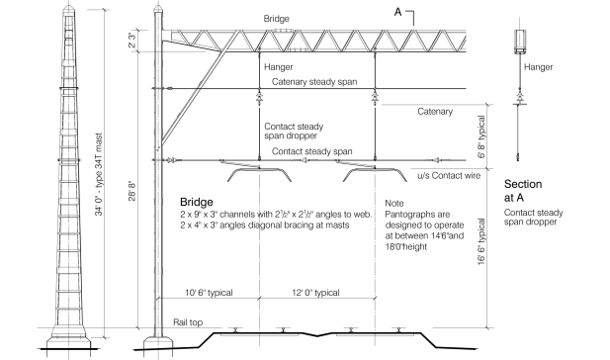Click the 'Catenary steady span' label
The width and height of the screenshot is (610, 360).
tap(314, 82)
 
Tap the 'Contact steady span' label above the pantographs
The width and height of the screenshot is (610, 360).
tap(312, 151)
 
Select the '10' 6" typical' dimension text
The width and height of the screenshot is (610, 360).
tap(209, 293)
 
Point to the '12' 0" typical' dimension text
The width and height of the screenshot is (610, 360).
tap(315, 293)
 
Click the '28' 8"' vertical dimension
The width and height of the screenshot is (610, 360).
tap(132, 191)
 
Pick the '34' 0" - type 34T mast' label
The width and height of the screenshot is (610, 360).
tap(99, 174)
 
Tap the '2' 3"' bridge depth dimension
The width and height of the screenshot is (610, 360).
tap(132, 41)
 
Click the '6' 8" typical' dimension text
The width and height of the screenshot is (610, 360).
tap(481, 136)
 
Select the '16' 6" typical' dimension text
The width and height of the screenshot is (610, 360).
tap(481, 241)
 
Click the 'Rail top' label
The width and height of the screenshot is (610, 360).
tap(188, 322)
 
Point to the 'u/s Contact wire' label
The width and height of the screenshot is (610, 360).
tap(449, 175)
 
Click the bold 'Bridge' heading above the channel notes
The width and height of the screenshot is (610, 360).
tap(197, 202)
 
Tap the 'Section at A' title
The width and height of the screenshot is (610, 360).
tap(523, 191)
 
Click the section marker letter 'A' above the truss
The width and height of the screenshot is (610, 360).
tap(397, 12)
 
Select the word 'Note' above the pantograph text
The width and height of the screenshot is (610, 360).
tap(394, 203)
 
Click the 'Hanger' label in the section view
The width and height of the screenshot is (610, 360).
tap(538, 67)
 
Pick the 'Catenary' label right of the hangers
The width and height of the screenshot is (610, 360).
tap(435, 112)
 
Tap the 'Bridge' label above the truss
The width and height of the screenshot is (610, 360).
tap(276, 19)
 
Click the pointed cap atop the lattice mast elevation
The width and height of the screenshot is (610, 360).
tap(69, 9)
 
